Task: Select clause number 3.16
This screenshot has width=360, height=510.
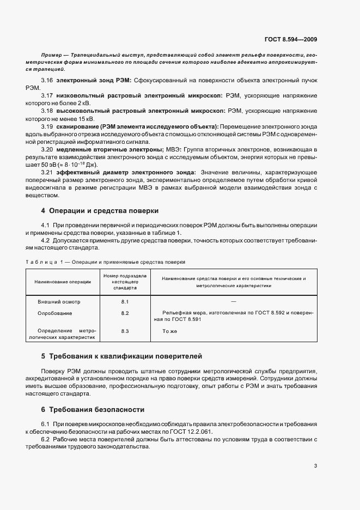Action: [47, 80]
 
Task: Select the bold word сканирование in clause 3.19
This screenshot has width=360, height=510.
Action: [76, 126]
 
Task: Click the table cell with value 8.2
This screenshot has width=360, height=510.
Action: [125, 313]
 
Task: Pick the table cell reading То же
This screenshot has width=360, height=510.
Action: [170, 331]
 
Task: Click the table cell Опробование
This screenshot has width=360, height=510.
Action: [55, 313]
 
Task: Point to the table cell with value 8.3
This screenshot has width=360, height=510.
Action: [125, 331]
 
